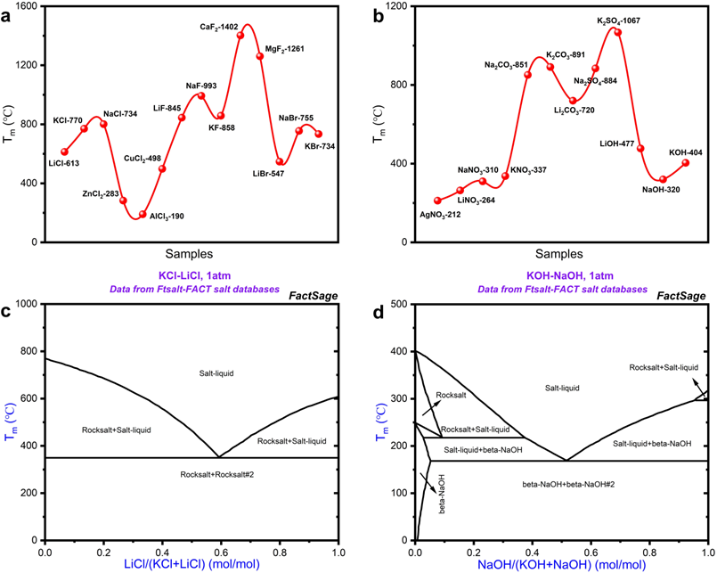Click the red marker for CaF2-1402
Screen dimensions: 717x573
(240, 36)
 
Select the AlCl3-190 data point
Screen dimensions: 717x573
(143, 214)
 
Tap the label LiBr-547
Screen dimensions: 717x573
(268, 174)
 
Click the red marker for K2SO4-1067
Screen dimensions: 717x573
(618, 32)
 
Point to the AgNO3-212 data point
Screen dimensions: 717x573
(437, 201)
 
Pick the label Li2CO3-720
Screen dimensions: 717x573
(574, 111)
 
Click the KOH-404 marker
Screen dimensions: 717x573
(686, 162)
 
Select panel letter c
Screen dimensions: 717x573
(6, 312)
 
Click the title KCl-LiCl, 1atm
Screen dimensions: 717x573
(195, 276)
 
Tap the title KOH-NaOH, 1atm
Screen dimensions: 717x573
(563, 276)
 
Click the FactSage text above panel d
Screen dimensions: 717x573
(681, 296)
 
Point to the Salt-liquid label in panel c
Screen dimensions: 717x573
(216, 373)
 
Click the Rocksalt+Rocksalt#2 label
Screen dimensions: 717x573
(216, 475)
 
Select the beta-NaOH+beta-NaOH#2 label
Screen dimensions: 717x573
(568, 484)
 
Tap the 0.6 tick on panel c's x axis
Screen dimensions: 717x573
(281, 552)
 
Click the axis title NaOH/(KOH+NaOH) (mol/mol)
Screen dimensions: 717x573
(561, 565)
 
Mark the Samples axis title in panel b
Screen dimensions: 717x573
(559, 254)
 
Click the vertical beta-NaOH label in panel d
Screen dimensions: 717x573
(442, 494)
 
